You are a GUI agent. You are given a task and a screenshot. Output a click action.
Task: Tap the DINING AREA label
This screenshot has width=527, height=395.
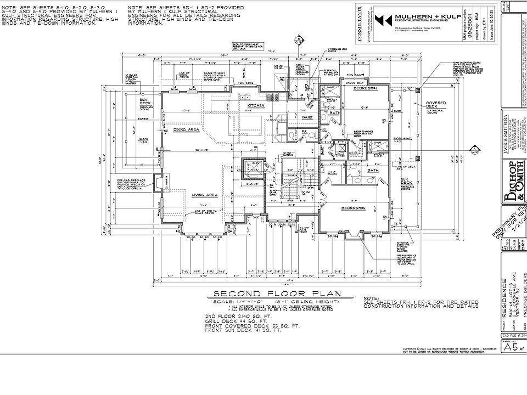(186, 129)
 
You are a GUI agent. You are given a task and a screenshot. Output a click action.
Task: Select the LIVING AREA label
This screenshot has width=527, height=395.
(205, 194)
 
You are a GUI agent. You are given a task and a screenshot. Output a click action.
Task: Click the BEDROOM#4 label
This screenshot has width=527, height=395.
(365, 88)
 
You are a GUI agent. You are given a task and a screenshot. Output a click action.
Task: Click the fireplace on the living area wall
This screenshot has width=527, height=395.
(157, 183)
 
